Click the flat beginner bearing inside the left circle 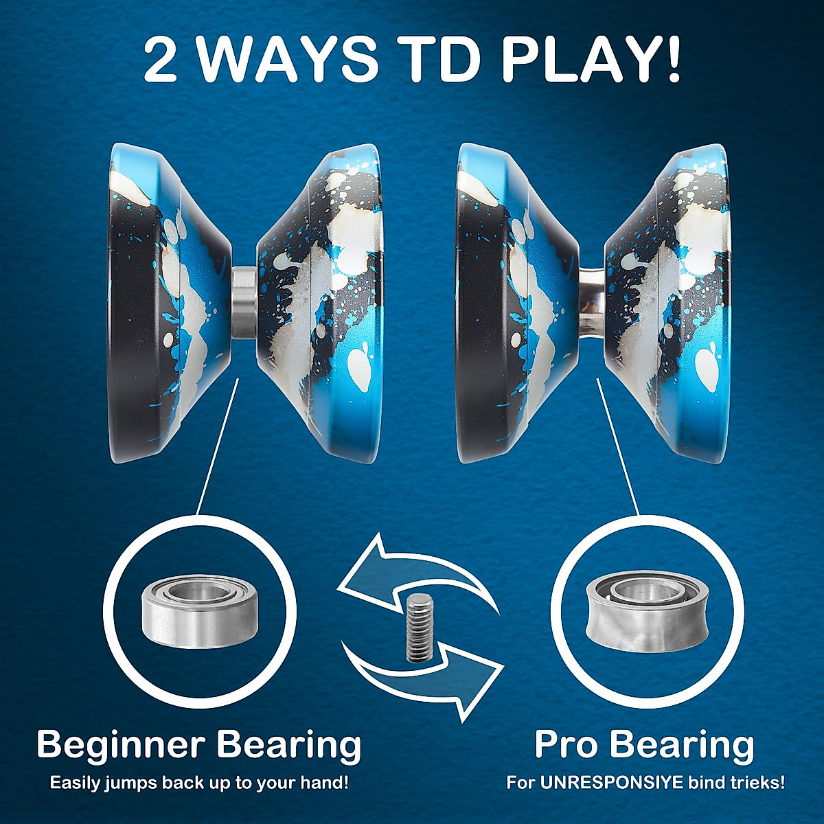tap(185, 607)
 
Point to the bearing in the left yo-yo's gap tap(242, 302)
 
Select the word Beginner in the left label tap(121, 745)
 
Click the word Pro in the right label tap(566, 745)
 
